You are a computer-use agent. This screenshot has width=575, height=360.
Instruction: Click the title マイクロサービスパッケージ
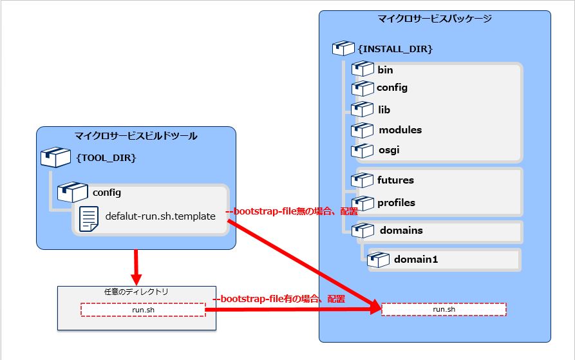tap(435, 19)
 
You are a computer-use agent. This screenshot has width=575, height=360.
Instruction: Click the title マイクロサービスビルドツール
tap(136, 135)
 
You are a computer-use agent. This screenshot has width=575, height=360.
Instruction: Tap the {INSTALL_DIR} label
tap(395, 48)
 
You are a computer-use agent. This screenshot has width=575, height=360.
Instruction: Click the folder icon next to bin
tap(363, 69)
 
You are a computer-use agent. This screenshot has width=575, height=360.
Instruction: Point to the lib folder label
tap(384, 109)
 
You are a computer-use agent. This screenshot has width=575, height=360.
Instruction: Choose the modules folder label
tap(400, 129)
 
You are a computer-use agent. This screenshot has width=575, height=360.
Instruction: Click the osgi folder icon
tap(363, 150)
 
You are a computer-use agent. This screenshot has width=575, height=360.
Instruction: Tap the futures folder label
tap(395, 180)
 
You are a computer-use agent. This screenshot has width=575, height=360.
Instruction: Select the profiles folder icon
tap(363, 202)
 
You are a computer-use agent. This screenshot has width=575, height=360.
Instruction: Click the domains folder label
tap(401, 230)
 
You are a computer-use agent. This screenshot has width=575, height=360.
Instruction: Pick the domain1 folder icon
tap(378, 260)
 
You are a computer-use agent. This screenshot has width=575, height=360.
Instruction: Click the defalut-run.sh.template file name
tap(160, 216)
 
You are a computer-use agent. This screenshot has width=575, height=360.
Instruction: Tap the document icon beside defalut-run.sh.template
tap(88, 218)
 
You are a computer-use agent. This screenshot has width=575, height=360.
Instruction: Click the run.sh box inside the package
tap(444, 309)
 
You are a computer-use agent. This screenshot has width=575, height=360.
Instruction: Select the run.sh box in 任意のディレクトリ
tap(142, 310)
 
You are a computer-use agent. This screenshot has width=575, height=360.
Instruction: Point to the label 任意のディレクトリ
tap(136, 292)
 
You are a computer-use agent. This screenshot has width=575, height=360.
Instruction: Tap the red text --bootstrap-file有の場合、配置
tap(279, 299)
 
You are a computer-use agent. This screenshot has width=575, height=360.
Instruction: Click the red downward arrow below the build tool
tap(136, 267)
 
